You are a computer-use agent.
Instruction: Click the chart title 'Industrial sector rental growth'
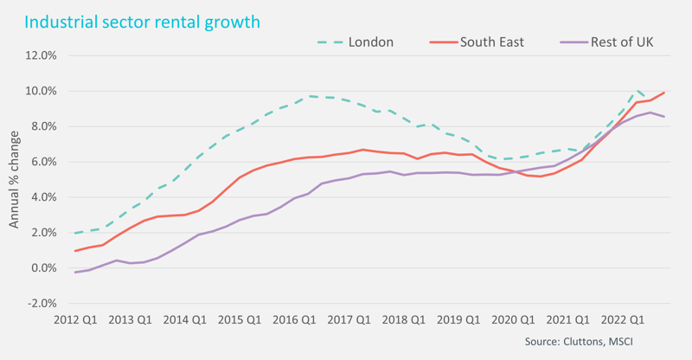click(142, 22)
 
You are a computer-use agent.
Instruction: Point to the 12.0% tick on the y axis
click(39, 55)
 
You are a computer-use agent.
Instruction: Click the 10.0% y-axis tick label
click(39, 91)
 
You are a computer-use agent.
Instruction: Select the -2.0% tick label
click(40, 304)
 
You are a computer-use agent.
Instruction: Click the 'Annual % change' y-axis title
click(15, 180)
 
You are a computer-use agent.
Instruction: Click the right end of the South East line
click(664, 93)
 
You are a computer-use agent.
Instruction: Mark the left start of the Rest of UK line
click(75, 273)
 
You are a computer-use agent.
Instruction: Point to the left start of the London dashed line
click(75, 233)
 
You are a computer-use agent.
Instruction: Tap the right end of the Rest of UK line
click(664, 117)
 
